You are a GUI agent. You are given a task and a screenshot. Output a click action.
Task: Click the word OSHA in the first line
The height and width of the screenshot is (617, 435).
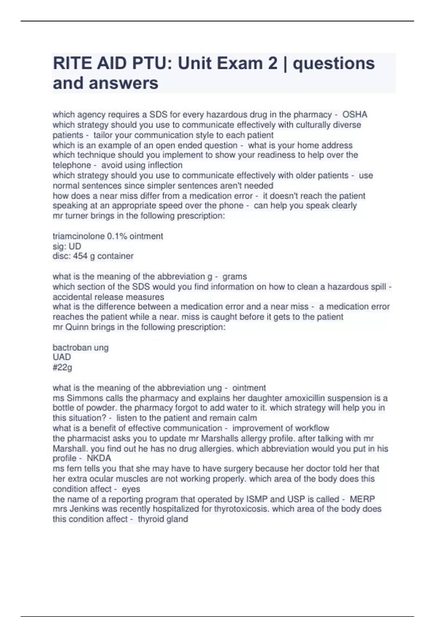pyautogui.click(x=355, y=115)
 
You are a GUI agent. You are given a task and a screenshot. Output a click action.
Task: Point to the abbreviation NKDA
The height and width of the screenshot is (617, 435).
pyautogui.click(x=99, y=458)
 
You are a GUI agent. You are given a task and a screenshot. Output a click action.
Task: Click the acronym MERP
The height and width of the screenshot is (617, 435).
pyautogui.click(x=362, y=499)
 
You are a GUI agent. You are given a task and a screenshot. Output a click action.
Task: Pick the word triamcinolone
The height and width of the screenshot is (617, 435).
pyautogui.click(x=78, y=236)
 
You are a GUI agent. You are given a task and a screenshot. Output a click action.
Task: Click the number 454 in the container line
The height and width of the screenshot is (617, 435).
pyautogui.click(x=80, y=256)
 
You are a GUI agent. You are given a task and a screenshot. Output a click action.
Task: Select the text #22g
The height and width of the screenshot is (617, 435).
pyautogui.click(x=62, y=367)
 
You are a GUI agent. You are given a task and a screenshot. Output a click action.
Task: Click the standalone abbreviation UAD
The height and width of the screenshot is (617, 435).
pyautogui.click(x=62, y=357)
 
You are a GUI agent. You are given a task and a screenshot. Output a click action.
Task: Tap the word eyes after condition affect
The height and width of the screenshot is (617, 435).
pyautogui.click(x=131, y=489)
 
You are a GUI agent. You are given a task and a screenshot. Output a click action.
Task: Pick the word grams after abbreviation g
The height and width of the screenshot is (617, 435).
pyautogui.click(x=235, y=277)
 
